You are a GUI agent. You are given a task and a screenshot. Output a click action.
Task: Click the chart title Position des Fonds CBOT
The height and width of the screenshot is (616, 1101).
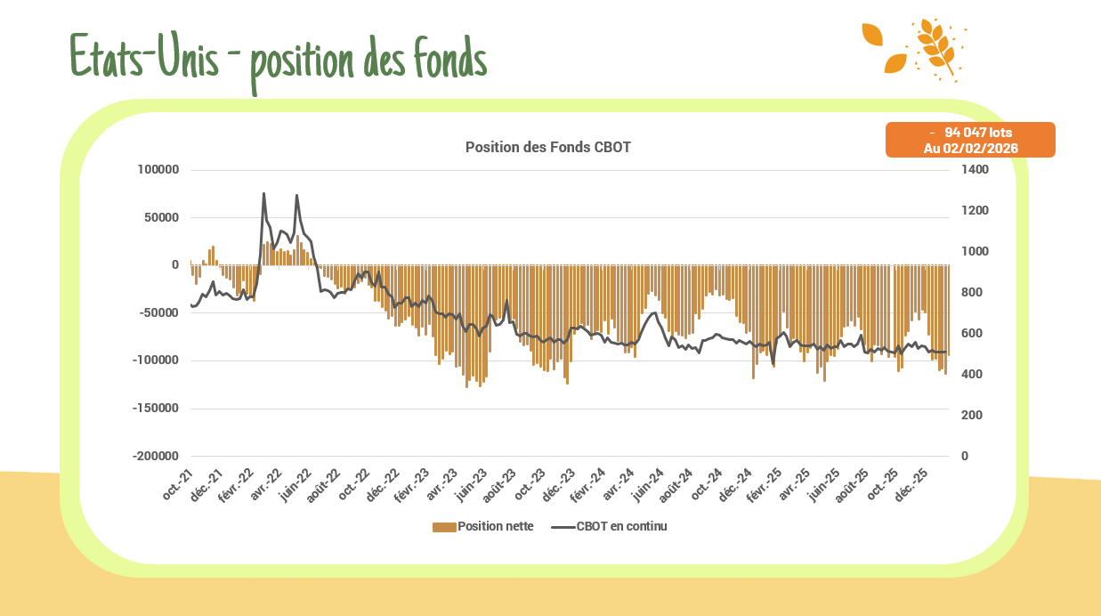(547, 147)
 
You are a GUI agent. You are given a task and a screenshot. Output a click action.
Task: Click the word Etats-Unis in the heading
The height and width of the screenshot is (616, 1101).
(142, 57)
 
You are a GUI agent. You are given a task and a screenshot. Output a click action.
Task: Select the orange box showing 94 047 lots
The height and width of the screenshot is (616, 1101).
(970, 140)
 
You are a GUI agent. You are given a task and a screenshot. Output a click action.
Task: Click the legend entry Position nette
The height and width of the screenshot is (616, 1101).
(495, 526)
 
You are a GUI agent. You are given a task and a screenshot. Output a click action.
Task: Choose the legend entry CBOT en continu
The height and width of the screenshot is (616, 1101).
(621, 526)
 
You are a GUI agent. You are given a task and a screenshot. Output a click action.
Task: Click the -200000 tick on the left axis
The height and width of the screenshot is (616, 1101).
(156, 456)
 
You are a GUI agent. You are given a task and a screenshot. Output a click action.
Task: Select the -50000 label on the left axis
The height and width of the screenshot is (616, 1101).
(158, 312)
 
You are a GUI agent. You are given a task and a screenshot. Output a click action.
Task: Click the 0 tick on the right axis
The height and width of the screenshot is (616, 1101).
(965, 456)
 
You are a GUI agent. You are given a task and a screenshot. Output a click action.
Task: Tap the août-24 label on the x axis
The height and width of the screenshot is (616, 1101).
(677, 486)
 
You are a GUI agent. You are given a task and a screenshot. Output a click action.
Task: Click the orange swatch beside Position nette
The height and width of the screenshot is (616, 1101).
(444, 527)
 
